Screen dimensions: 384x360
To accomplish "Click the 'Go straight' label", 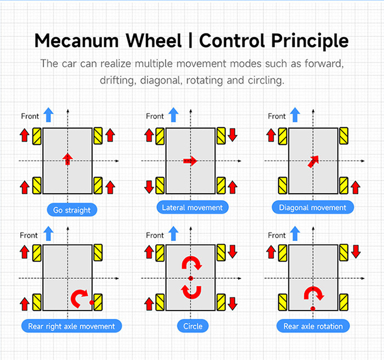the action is pyautogui.click(x=72, y=210).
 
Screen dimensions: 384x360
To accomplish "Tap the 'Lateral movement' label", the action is pyautogui.click(x=193, y=207).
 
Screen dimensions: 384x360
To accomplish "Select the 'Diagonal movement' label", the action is pyautogui.click(x=313, y=207).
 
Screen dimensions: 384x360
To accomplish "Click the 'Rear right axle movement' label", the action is pyautogui.click(x=71, y=326).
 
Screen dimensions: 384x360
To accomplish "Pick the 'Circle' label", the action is pyautogui.click(x=193, y=326).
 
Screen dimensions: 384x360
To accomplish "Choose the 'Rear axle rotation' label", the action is pyautogui.click(x=313, y=326).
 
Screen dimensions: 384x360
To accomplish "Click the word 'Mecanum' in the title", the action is pyautogui.click(x=77, y=41).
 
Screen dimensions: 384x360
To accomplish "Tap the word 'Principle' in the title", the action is pyautogui.click(x=310, y=41).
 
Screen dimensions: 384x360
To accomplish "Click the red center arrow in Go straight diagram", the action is pyautogui.click(x=67, y=159).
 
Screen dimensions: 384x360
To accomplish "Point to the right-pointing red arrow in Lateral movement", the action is pyautogui.click(x=190, y=161).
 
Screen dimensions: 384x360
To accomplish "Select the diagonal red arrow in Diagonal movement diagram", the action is pyautogui.click(x=313, y=161).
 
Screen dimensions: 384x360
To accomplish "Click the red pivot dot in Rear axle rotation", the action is pyautogui.click(x=313, y=308).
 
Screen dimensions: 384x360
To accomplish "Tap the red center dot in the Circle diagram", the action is pyautogui.click(x=191, y=278).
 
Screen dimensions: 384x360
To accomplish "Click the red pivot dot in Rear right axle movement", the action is pyautogui.click(x=92, y=302).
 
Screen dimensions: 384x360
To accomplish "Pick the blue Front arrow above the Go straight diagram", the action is pyautogui.click(x=48, y=115).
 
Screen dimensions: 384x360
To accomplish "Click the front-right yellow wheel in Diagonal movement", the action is pyautogui.click(x=343, y=136).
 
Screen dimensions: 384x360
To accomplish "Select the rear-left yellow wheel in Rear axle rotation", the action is pyautogui.click(x=283, y=302).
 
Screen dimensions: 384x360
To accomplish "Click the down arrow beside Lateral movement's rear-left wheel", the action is pyautogui.click(x=149, y=187).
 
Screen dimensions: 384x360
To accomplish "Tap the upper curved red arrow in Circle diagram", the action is pyautogui.click(x=191, y=262).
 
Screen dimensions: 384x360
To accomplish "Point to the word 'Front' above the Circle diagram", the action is pyautogui.click(x=155, y=235).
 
